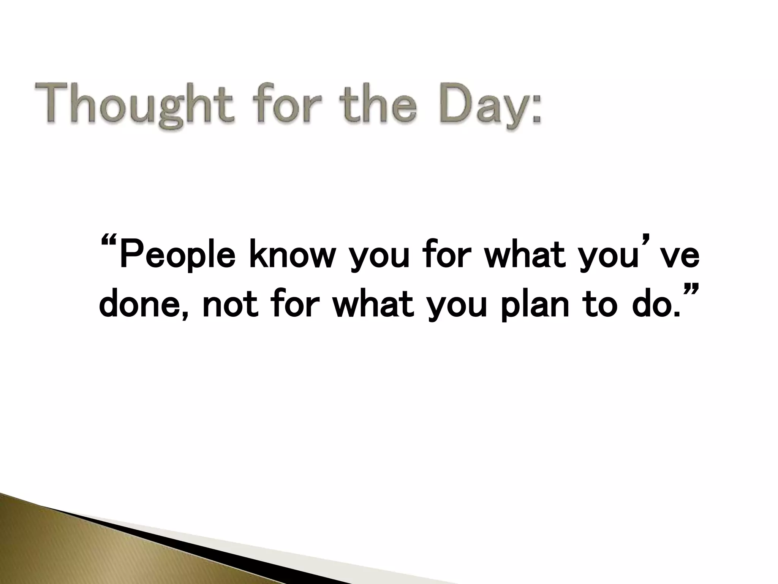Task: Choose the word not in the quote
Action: pos(230,306)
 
